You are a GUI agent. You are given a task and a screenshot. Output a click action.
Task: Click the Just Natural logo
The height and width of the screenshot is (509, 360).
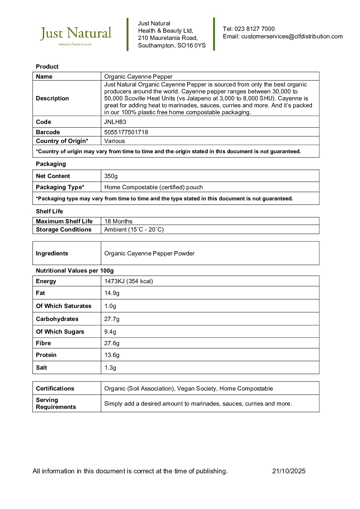click(x=76, y=35)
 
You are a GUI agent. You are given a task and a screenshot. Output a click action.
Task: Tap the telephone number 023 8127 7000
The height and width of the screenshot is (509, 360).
click(x=255, y=29)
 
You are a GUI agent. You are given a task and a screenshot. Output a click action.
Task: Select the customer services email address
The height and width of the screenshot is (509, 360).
click(x=292, y=37)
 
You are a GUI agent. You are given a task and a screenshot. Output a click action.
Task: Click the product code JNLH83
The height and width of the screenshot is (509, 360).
click(x=115, y=122)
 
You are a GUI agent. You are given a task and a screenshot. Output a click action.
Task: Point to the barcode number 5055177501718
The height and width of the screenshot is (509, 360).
click(x=126, y=132)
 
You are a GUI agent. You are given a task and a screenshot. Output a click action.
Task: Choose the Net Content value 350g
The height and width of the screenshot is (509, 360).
click(x=111, y=176)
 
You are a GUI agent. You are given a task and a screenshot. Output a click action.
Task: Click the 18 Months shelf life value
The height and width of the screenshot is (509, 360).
click(x=118, y=221)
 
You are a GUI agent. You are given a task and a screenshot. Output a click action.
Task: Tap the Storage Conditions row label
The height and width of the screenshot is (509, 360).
click(x=63, y=229)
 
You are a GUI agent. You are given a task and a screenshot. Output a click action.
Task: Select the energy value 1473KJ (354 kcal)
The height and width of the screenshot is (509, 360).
click(x=128, y=281)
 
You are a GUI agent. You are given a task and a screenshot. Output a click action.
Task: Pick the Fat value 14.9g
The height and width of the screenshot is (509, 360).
click(x=112, y=293)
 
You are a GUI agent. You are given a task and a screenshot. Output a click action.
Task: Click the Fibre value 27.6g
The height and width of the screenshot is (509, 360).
click(x=112, y=343)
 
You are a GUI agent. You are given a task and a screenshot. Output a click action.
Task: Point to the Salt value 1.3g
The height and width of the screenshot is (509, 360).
click(x=110, y=368)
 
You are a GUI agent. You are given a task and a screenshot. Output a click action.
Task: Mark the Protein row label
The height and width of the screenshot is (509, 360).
click(x=46, y=355)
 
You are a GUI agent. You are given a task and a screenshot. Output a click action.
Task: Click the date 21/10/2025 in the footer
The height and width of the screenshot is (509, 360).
click(x=289, y=471)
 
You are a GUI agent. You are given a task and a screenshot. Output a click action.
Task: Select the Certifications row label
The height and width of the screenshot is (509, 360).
click(x=55, y=388)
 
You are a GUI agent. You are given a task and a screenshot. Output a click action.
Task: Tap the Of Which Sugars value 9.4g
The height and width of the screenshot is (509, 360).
click(x=110, y=332)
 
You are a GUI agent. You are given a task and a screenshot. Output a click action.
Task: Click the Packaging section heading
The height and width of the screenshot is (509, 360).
click(x=51, y=164)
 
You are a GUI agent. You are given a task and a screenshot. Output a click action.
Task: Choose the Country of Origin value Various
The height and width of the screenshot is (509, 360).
click(x=115, y=141)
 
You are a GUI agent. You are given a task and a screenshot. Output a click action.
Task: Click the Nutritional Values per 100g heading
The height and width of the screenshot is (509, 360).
click(x=75, y=271)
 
